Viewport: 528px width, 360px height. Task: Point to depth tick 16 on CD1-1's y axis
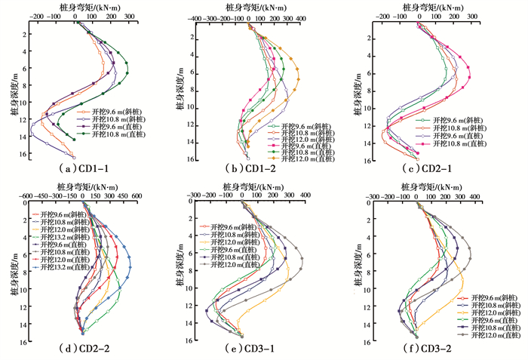23,155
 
